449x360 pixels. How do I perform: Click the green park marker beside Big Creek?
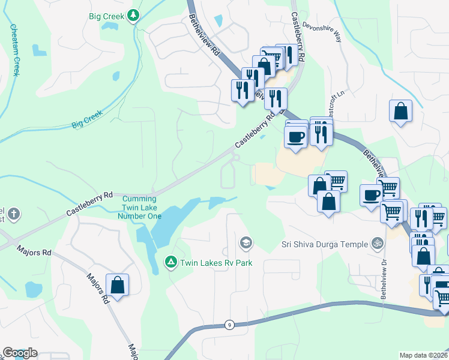[x=136, y=16]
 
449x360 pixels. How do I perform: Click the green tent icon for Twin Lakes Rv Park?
[x=170, y=262]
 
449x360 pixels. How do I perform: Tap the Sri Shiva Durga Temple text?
[x=324, y=244]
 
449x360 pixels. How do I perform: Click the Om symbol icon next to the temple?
[x=378, y=244]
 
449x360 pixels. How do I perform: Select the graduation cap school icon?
[x=245, y=243]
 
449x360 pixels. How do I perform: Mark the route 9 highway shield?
[x=229, y=325]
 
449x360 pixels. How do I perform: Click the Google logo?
[x=20, y=353]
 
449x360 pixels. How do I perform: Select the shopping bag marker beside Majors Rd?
[x=118, y=286]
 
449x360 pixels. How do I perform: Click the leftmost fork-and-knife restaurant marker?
[x=243, y=91]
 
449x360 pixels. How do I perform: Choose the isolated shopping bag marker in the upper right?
[x=400, y=112]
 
